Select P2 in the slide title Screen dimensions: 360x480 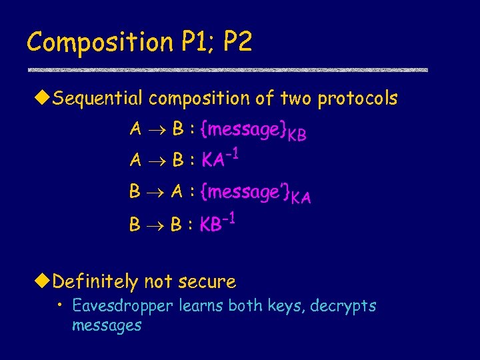238,42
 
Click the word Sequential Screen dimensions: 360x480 97,99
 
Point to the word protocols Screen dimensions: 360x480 357,99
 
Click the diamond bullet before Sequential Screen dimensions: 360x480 45,99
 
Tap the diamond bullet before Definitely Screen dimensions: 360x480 45,281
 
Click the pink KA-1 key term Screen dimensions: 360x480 223,160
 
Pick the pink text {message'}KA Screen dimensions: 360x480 259,193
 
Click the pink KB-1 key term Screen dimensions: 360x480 220,223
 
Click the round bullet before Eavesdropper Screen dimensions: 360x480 61,305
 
